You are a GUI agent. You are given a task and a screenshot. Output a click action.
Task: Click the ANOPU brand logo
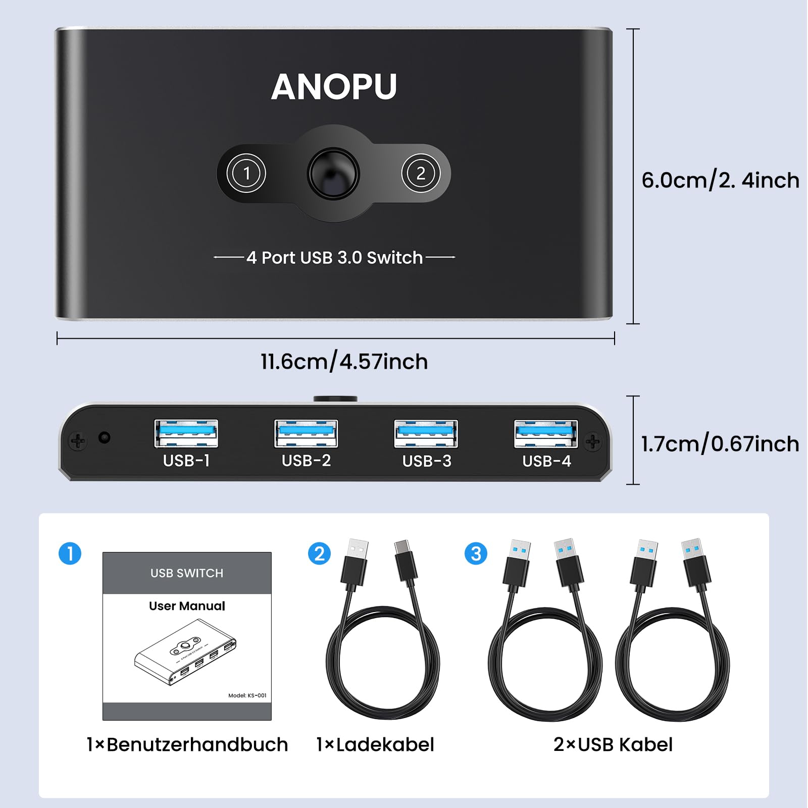(x=334, y=87)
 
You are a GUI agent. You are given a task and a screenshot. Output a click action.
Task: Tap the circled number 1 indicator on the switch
(x=246, y=173)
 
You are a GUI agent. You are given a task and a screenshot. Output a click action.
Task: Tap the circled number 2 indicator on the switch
(x=421, y=173)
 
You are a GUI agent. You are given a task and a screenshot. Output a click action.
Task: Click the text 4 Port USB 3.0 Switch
(x=334, y=258)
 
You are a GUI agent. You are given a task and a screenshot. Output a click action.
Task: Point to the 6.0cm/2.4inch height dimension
(x=720, y=180)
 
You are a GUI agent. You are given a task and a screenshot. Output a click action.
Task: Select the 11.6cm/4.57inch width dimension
(x=344, y=362)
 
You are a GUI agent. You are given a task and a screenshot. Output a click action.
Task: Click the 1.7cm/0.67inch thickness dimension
(x=720, y=444)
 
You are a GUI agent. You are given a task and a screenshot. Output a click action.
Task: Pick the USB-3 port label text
(x=427, y=461)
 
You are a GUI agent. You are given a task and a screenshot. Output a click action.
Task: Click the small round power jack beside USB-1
(x=105, y=437)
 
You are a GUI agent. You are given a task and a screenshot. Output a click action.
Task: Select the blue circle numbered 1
(x=70, y=553)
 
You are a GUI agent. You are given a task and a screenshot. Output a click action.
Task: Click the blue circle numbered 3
(x=476, y=553)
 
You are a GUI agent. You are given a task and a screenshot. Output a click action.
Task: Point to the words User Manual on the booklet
(x=187, y=606)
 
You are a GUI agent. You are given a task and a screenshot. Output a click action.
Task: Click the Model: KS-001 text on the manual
(x=247, y=695)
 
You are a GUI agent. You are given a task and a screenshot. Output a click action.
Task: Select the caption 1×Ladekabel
(x=375, y=744)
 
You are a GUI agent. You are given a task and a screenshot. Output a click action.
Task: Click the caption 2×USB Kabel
(x=613, y=744)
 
